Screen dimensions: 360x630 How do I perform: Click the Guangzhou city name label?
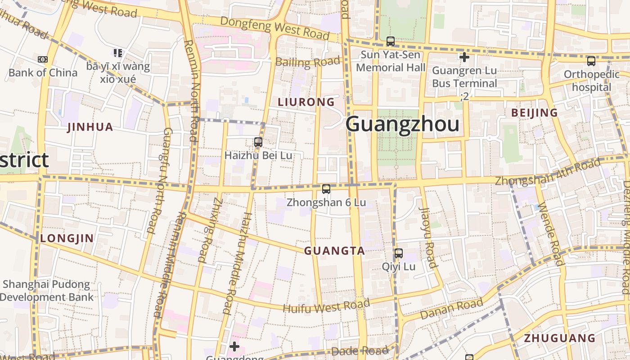click(x=403, y=124)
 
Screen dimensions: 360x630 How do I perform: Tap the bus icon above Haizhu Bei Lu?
click(x=258, y=142)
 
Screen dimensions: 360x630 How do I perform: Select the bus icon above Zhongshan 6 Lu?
click(x=326, y=189)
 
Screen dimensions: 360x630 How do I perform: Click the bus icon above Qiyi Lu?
click(x=398, y=253)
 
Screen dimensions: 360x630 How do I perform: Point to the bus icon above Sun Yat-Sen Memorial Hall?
click(x=390, y=41)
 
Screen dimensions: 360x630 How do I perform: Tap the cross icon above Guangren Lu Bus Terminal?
click(x=464, y=57)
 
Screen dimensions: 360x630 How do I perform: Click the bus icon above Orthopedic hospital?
click(x=591, y=61)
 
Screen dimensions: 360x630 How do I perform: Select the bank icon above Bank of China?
click(x=43, y=59)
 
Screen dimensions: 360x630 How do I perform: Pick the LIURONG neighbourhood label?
click(x=306, y=102)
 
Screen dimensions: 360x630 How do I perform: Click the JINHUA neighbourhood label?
click(x=90, y=127)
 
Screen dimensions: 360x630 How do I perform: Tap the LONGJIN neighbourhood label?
click(x=67, y=238)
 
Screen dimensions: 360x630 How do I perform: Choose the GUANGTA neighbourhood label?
click(x=334, y=251)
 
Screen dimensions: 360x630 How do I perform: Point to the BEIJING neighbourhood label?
click(x=535, y=113)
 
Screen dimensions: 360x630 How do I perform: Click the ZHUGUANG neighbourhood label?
click(x=559, y=338)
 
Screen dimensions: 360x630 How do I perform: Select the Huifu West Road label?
click(x=326, y=306)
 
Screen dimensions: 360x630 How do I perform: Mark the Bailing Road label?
click(x=307, y=62)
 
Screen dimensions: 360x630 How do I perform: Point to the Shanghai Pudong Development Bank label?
click(x=46, y=291)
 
